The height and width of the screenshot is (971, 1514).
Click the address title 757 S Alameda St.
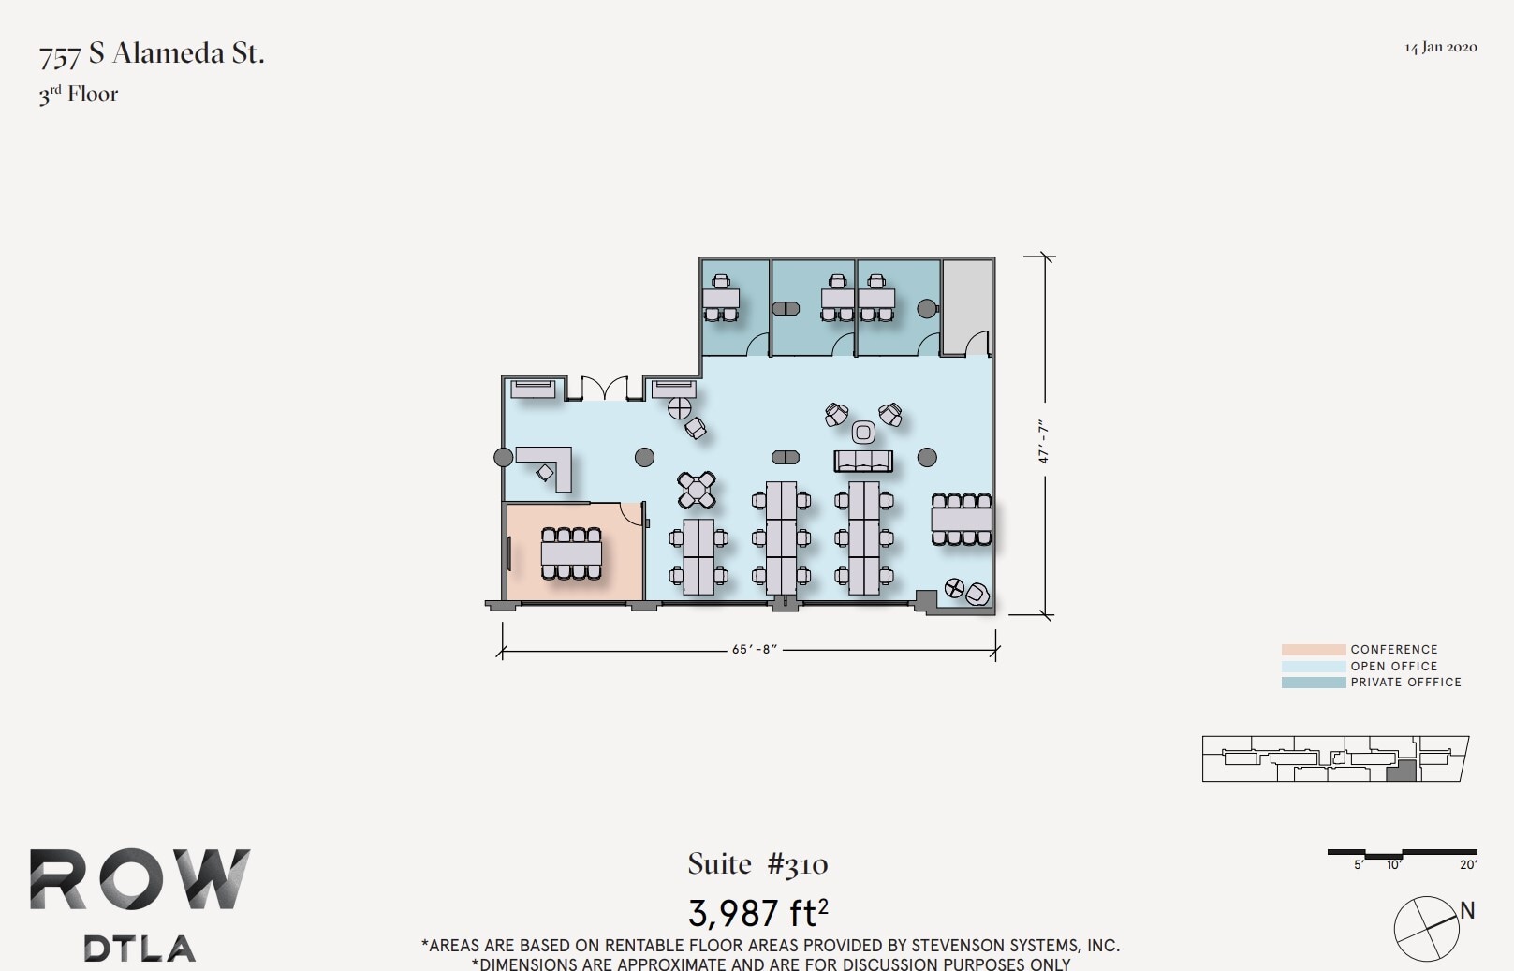tap(152, 54)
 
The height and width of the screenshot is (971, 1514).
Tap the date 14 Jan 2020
tap(1440, 48)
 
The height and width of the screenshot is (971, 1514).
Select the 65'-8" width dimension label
tap(755, 649)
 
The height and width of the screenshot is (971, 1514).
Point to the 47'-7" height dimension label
tap(1043, 442)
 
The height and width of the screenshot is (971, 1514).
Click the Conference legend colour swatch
tap(1313, 649)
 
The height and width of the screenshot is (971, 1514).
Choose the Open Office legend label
tap(1393, 666)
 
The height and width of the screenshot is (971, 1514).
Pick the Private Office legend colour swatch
tap(1313, 683)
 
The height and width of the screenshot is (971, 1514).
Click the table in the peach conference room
tap(571, 553)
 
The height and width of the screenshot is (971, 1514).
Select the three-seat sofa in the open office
tap(863, 461)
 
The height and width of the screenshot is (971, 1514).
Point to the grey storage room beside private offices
tap(966, 306)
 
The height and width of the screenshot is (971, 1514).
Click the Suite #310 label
tap(757, 864)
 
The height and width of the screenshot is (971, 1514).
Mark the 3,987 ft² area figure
tap(757, 911)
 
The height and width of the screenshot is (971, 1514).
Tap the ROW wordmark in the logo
tap(140, 879)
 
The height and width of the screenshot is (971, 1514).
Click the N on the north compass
tap(1467, 910)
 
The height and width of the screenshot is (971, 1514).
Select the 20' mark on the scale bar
tap(1467, 865)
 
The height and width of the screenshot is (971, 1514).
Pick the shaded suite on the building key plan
tap(1400, 772)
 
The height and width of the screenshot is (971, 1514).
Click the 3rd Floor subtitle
tap(79, 95)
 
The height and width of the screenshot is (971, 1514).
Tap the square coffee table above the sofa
tap(863, 432)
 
